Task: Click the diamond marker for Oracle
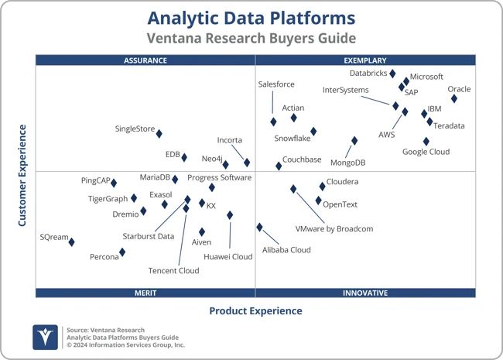tap(454, 98)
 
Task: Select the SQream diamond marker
tap(71, 242)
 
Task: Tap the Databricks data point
tap(392, 74)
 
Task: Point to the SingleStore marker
tap(159, 133)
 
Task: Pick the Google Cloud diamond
tap(426, 141)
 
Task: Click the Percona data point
tap(122, 252)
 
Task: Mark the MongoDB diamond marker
tap(354, 141)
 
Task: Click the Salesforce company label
tap(276, 84)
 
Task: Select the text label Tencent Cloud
tap(173, 271)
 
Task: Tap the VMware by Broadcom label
tap(334, 229)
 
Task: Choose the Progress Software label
tap(220, 178)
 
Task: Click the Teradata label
tap(449, 125)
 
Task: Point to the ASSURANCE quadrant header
tap(145, 60)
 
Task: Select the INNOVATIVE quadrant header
tap(365, 293)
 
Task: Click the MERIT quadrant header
tap(145, 293)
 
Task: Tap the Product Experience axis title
tap(255, 311)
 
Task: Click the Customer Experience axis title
tap(22, 176)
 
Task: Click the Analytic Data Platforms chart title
tap(251, 18)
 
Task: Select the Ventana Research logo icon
tap(45, 338)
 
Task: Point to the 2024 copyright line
tap(125, 345)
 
